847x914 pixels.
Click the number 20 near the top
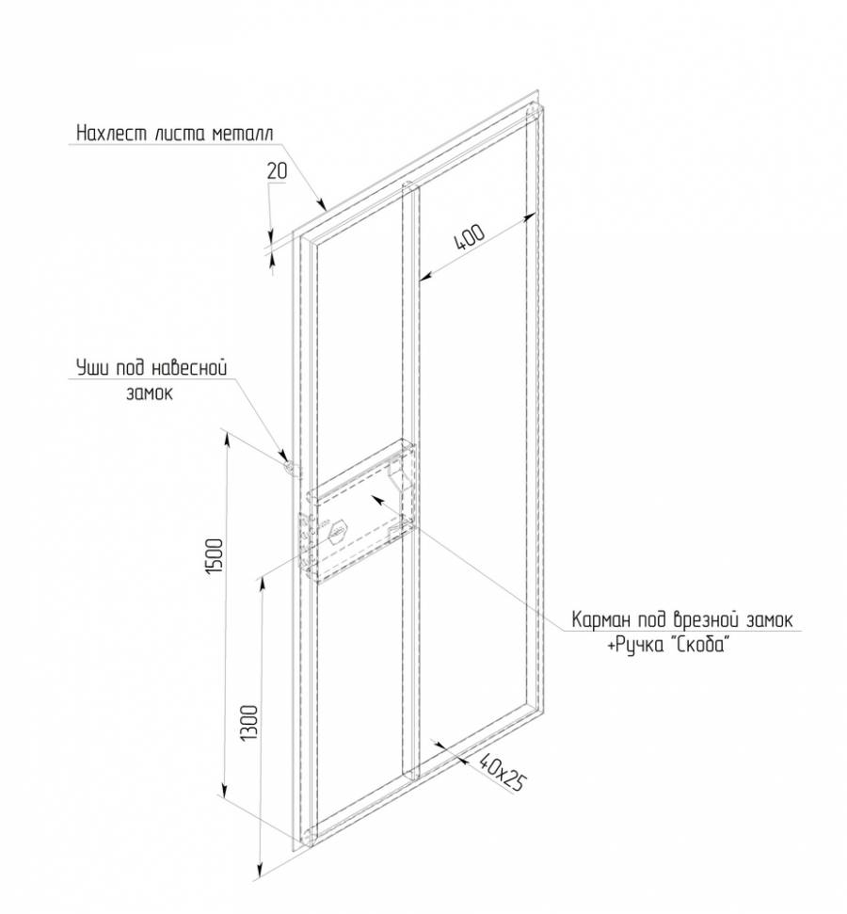tap(276, 171)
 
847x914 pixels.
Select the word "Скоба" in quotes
tap(697, 647)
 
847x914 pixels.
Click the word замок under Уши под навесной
tap(148, 393)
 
